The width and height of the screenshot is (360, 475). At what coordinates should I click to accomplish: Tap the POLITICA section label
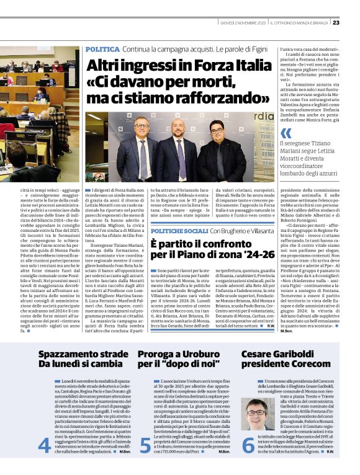[x=102, y=49]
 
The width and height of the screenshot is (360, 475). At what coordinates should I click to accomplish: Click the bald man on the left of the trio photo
[x=142, y=148]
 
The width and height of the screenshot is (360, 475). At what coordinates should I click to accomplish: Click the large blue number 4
[x=45, y=445]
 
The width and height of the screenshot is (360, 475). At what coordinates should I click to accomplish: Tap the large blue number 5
[x=145, y=445]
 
